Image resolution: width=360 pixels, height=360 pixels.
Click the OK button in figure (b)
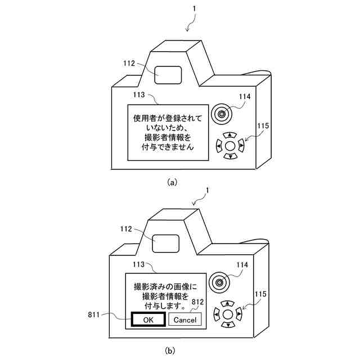148,319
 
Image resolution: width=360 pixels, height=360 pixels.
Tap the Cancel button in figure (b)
184,319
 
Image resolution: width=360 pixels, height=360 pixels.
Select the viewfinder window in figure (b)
166,243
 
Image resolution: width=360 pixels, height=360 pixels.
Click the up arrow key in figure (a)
229,136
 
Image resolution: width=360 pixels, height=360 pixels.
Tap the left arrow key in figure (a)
218,146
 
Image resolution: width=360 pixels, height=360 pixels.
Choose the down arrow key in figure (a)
229,156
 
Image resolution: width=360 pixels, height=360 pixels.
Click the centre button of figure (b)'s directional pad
228,314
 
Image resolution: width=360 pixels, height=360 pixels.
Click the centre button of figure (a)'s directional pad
229,146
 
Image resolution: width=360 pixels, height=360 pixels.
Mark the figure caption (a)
172,182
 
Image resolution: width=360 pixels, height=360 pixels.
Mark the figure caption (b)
170,349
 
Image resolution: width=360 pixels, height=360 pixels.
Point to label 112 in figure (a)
129,64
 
